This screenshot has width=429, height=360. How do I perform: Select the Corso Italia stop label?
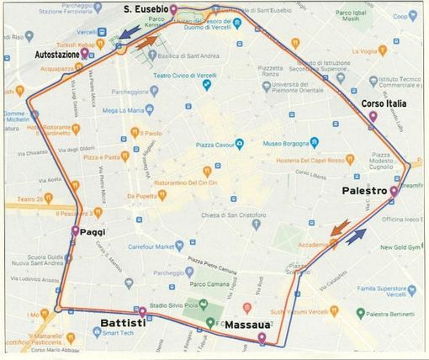click(384, 103)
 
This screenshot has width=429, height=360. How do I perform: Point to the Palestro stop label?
click(364, 192)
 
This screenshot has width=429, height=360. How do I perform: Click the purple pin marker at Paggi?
click(76, 230)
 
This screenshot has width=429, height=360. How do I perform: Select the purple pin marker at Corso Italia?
click(373, 116)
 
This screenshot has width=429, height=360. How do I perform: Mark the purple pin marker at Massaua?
click(262, 338)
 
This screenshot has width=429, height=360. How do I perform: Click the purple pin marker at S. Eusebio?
click(173, 10)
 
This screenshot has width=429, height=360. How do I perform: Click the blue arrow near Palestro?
click(356, 235)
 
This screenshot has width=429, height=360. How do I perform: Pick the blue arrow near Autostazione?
click(127, 32)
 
